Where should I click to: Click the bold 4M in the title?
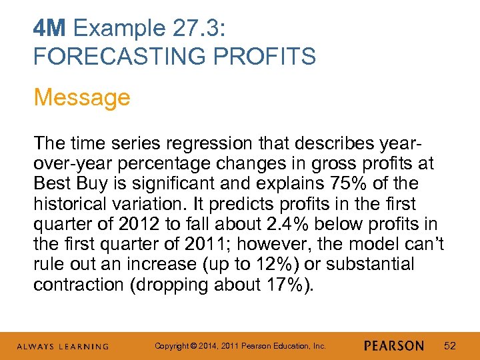pyautogui.click(x=51, y=29)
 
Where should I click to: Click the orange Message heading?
pyautogui.click(x=82, y=97)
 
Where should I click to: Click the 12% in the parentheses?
pyautogui.click(x=272, y=265)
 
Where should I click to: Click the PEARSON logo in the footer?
pyautogui.click(x=394, y=346)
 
